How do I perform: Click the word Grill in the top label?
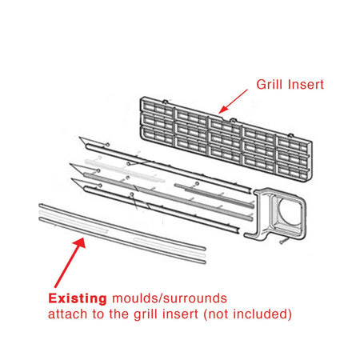(x=269, y=84)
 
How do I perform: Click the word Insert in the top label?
(x=306, y=84)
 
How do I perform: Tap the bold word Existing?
(x=78, y=298)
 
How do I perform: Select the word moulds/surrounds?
(x=170, y=298)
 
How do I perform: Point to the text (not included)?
(x=248, y=314)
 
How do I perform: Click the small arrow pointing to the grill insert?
(x=233, y=102)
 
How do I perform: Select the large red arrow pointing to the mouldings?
(x=70, y=262)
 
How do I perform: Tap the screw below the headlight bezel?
(x=283, y=242)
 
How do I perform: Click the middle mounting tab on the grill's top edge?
(x=233, y=121)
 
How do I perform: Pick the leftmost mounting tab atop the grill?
(x=165, y=102)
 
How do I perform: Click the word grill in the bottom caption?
(x=146, y=314)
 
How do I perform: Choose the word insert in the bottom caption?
(x=180, y=314)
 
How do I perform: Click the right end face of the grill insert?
(x=310, y=162)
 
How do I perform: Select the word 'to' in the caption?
(x=98, y=314)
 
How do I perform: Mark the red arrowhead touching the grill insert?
(x=222, y=110)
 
